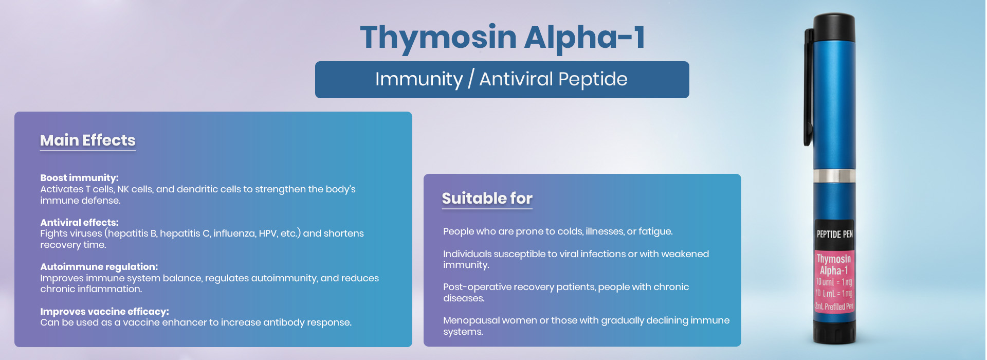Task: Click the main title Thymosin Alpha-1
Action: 502,38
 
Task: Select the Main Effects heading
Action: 88,140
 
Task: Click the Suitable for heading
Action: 487,199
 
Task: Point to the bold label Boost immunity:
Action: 79,178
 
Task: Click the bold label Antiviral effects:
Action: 79,223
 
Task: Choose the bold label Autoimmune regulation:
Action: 99,267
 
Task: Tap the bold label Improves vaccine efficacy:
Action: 104,312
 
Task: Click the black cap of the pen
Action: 834,28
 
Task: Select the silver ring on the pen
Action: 834,175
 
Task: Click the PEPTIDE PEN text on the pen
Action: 835,235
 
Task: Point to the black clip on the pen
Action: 809,87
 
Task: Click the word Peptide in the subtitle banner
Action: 593,79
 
